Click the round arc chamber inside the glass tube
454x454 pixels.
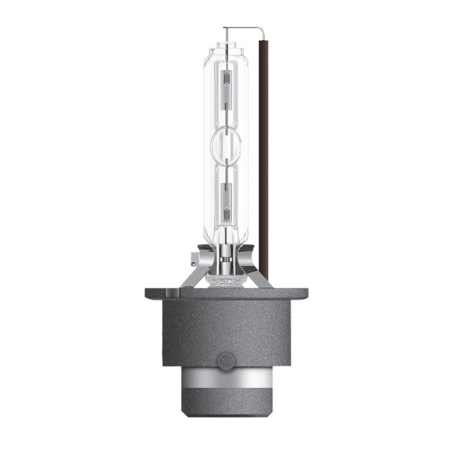(x=227, y=143)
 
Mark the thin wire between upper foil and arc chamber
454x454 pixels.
(x=227, y=120)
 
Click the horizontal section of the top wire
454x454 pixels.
(x=244, y=29)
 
